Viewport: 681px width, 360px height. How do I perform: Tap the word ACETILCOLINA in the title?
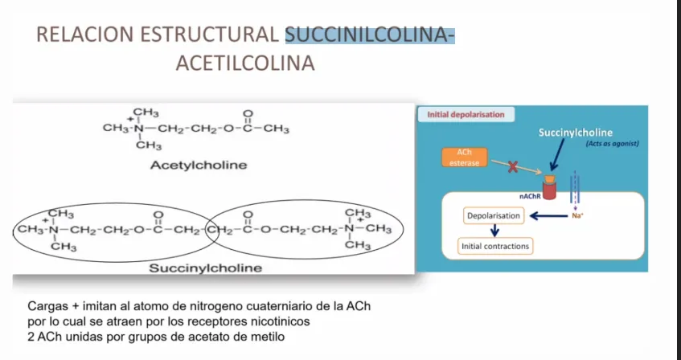pos(245,63)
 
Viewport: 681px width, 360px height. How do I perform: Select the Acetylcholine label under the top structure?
pos(199,165)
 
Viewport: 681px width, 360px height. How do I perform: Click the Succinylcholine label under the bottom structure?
pos(206,268)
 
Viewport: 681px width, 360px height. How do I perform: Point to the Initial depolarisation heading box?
pos(466,115)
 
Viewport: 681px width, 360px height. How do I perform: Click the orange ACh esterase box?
pos(464,157)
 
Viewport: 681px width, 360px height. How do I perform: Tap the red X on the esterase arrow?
pos(513,167)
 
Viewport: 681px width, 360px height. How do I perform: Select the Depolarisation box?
pos(494,216)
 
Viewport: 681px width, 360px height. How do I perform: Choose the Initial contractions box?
pos(495,246)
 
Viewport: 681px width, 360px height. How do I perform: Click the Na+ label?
pos(577,215)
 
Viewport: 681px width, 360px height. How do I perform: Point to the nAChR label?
pos(530,196)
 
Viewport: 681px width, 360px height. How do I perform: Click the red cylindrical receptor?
pos(549,190)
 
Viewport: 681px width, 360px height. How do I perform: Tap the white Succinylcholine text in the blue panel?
pos(576,133)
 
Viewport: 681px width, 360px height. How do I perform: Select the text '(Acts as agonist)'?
pos(613,144)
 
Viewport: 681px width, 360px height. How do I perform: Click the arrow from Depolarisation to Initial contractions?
pos(494,230)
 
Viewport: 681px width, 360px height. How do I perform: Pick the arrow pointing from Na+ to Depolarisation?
pos(549,216)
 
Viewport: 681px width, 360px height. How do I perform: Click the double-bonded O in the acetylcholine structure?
pos(248,114)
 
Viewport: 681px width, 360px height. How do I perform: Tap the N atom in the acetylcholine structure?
pos(138,129)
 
